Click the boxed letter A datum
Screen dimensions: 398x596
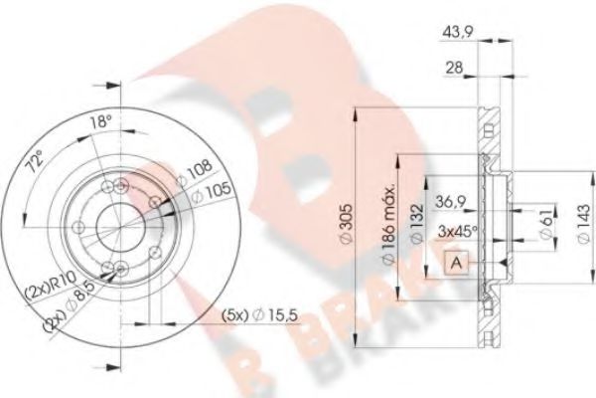(455, 263)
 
